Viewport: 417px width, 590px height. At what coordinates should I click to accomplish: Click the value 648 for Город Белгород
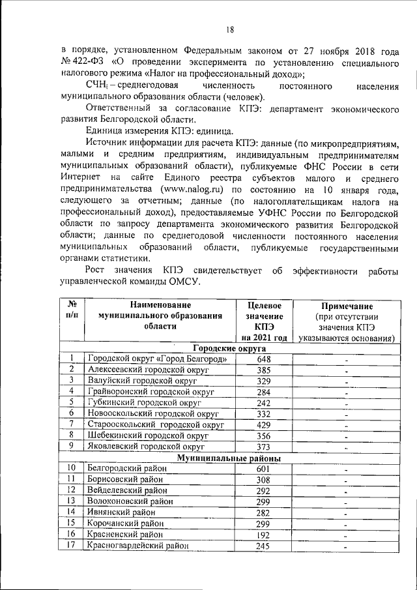click(263, 360)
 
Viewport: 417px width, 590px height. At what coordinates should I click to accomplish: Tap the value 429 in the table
click(263, 424)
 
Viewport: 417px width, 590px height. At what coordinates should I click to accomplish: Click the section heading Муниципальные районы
click(229, 458)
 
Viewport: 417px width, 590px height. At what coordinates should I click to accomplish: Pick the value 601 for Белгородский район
click(263, 469)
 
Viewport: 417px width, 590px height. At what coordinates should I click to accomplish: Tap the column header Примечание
click(347, 306)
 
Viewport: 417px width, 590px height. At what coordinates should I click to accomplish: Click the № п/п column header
click(72, 310)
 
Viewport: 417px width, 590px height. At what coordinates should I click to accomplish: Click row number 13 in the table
click(72, 501)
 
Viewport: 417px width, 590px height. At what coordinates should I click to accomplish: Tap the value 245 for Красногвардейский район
click(263, 546)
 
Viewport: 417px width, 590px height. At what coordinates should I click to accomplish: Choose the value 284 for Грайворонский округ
click(263, 392)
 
